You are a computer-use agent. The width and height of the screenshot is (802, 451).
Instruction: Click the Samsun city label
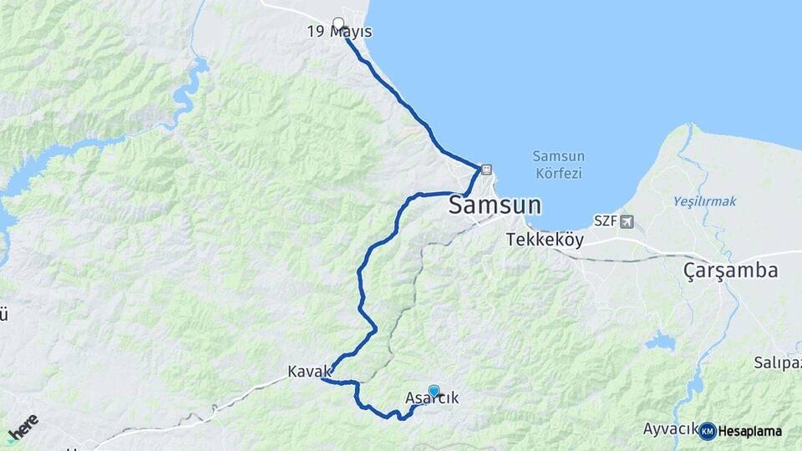495,205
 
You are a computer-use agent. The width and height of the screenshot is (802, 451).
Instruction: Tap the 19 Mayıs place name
339,32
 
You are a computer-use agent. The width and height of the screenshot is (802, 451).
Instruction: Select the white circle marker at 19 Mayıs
338,23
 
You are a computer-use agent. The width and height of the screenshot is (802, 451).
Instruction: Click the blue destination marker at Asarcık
434,390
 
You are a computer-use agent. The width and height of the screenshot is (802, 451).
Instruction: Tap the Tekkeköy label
545,240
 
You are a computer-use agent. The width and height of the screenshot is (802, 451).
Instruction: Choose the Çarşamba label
730,271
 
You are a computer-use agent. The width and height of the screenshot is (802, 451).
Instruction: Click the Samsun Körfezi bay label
558,165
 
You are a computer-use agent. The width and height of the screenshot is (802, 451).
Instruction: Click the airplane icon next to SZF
627,220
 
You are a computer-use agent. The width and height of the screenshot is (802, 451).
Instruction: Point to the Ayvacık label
670,428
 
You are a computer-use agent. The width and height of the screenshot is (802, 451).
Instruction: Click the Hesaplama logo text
750,431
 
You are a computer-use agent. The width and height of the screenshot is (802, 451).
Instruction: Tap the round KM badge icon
708,431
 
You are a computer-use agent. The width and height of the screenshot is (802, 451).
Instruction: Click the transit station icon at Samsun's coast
486,170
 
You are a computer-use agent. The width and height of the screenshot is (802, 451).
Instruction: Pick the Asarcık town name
431,399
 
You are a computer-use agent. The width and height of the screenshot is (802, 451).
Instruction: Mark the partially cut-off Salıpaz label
777,362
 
